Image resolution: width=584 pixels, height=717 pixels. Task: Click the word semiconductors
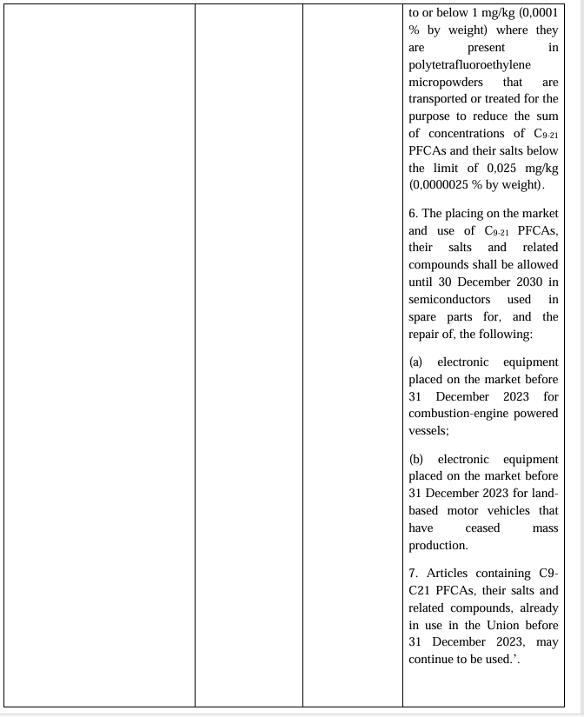(x=449, y=300)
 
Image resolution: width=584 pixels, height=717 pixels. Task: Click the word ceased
(x=482, y=528)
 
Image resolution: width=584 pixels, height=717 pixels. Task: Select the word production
(x=437, y=546)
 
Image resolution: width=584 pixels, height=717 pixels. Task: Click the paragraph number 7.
(x=414, y=573)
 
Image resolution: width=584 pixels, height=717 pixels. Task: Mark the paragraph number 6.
(x=414, y=213)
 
